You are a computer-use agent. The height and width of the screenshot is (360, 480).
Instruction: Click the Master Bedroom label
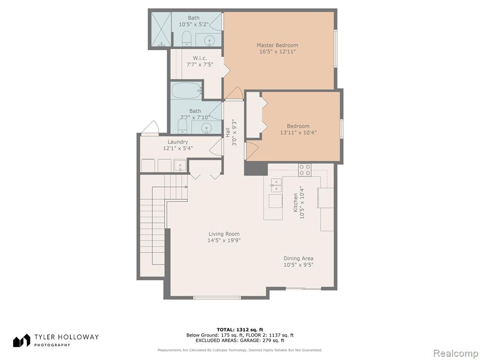[277, 45]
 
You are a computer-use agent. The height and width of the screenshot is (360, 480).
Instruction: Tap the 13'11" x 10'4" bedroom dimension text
[298, 133]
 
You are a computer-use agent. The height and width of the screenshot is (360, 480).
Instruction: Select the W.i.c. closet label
[200, 58]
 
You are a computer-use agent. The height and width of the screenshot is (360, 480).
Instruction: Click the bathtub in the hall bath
[186, 90]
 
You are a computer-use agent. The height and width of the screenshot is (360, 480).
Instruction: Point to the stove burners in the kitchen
[305, 170]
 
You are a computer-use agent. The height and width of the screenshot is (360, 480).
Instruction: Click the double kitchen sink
[276, 186]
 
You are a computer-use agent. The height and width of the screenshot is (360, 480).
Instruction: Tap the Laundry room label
[178, 142]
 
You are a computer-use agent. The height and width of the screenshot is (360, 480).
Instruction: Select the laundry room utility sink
[180, 165]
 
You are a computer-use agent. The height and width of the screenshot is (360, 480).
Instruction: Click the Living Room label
[224, 234]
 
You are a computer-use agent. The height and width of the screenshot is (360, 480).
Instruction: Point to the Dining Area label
[298, 258]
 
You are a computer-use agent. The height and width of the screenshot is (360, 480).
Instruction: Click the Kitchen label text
[295, 202]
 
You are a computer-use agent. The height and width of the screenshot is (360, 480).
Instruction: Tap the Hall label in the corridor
[227, 132]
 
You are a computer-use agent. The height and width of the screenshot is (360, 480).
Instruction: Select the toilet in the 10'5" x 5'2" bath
[187, 39]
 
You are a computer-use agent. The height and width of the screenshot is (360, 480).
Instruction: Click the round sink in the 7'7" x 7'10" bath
[208, 127]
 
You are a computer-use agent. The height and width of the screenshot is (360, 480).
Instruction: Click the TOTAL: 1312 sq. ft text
[240, 330]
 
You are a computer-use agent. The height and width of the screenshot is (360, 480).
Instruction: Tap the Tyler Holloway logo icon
[22, 340]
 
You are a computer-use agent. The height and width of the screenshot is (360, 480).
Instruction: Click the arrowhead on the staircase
[186, 187]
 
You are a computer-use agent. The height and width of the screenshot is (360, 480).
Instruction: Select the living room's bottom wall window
[217, 297]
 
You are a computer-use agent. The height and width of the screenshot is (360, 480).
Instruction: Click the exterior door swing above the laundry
[150, 127]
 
